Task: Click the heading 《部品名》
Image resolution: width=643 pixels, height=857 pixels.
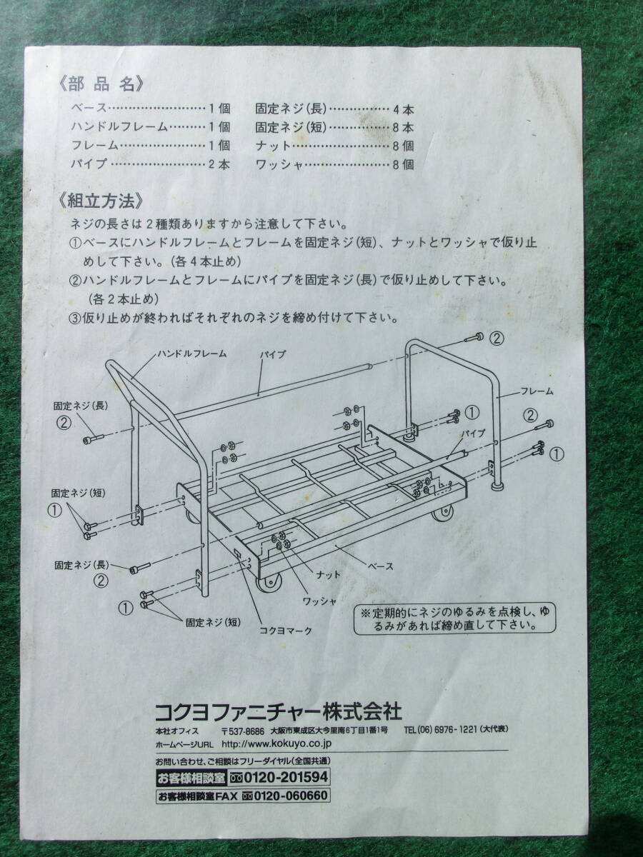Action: point(101,84)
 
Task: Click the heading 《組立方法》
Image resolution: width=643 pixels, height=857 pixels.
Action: point(101,201)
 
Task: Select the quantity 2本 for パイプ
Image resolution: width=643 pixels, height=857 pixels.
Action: point(219,164)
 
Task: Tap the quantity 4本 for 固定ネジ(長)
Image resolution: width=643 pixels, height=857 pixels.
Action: point(403,110)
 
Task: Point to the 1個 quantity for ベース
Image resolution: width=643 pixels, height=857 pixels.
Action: point(219,108)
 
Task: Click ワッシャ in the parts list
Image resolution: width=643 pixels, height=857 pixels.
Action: point(279,165)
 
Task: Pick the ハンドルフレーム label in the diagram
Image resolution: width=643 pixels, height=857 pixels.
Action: point(192,354)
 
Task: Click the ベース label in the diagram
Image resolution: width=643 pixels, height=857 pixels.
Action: point(380,566)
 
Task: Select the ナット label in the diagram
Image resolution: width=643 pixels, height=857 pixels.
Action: point(328,574)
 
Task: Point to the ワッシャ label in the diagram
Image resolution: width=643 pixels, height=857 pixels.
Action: point(320,601)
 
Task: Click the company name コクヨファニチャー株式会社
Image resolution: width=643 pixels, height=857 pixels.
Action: point(279,712)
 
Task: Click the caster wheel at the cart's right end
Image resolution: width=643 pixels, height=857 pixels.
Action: point(444,512)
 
